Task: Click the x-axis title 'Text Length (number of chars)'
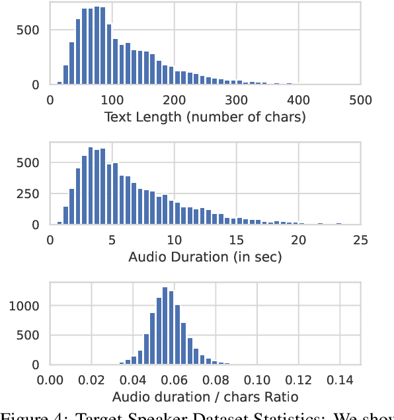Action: point(206,118)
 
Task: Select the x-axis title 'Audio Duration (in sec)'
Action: point(206,257)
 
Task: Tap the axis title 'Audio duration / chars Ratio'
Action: point(206,397)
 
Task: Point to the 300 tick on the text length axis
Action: point(236,100)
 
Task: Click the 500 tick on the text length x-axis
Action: point(360,100)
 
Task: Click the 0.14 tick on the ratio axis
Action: point(339,380)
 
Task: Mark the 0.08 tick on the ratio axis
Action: point(216,380)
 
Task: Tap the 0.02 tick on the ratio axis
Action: point(92,380)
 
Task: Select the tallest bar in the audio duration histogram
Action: point(90,186)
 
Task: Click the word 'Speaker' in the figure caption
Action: point(139,414)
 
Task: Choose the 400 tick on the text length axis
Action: point(298,100)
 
